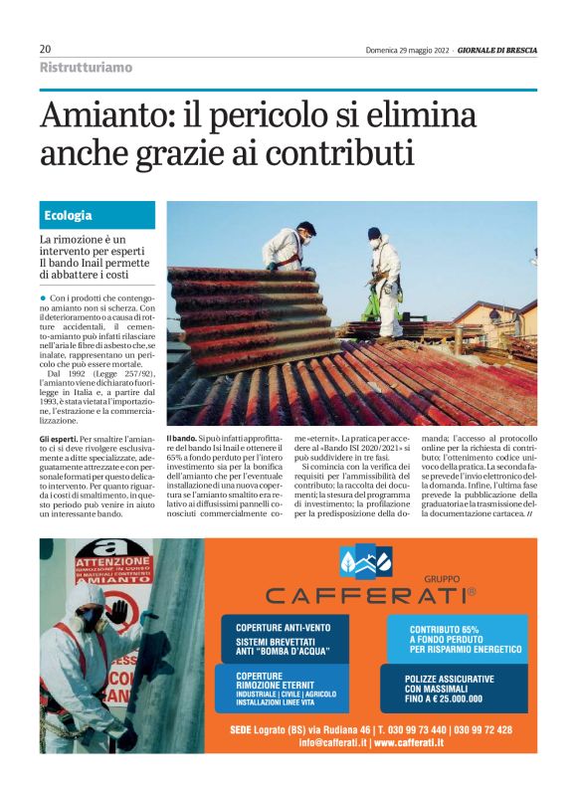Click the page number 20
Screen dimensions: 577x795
pyautogui.click(x=46, y=49)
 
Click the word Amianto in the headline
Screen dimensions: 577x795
pyautogui.click(x=98, y=118)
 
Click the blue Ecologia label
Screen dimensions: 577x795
pyautogui.click(x=69, y=215)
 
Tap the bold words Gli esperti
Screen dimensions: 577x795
pyautogui.click(x=58, y=439)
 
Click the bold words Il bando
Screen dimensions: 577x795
pyautogui.click(x=182, y=439)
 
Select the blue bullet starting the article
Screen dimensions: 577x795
pyautogui.click(x=43, y=298)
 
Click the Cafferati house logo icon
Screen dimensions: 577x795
pyautogui.click(x=367, y=563)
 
